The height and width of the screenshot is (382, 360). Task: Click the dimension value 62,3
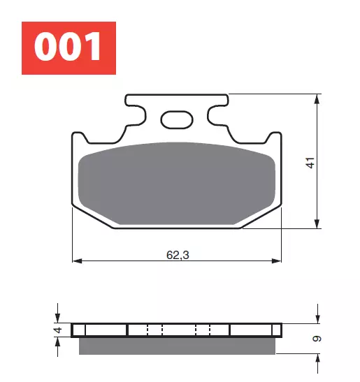(178, 255)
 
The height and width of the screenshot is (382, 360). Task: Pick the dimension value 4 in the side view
(59, 330)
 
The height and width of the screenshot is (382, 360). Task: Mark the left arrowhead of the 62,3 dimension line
(78, 261)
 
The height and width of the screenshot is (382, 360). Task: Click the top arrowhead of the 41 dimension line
(319, 98)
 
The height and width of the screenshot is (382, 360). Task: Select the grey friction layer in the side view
(178, 345)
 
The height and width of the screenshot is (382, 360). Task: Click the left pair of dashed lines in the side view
(154, 330)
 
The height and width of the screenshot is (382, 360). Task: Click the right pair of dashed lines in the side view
(203, 330)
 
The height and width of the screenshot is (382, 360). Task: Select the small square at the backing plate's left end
(78, 330)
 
